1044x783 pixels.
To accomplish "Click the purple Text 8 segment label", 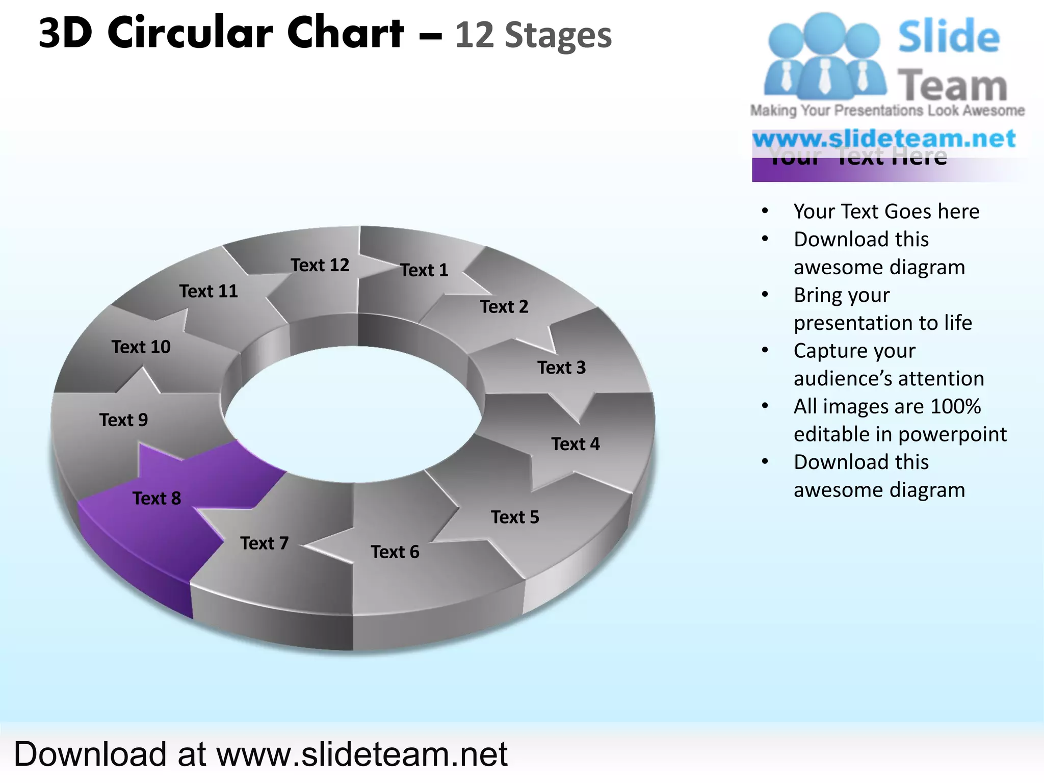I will pyautogui.click(x=156, y=498).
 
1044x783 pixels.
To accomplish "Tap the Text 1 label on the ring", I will pyautogui.click(x=424, y=270).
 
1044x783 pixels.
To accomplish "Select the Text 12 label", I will pyautogui.click(x=320, y=265).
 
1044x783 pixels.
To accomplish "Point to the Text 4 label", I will pyautogui.click(x=575, y=444).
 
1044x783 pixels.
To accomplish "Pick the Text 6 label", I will pyautogui.click(x=395, y=552).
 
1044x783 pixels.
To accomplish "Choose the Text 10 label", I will pyautogui.click(x=141, y=347).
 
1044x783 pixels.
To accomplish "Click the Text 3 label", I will pyautogui.click(x=561, y=368).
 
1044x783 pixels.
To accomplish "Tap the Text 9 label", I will pyautogui.click(x=123, y=420).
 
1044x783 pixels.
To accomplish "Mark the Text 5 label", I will pyautogui.click(x=515, y=517).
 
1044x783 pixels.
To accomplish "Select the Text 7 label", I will pyautogui.click(x=264, y=543).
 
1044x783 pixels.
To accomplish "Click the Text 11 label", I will pyautogui.click(x=208, y=291).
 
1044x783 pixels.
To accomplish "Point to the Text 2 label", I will pyautogui.click(x=504, y=306).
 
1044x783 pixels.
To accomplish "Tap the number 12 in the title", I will pyautogui.click(x=475, y=36).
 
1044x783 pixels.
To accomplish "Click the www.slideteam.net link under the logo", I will pyautogui.click(x=884, y=139).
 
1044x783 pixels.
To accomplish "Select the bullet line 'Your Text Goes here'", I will pyautogui.click(x=886, y=211).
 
